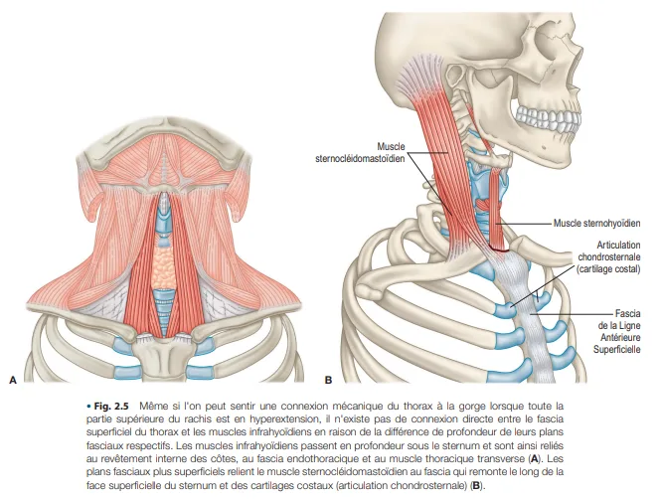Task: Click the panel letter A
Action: (x=13, y=379)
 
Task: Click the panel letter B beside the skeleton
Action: (x=328, y=379)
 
